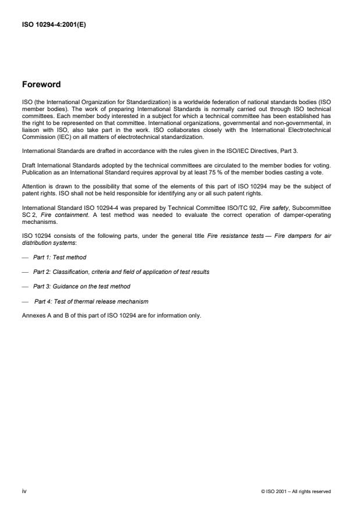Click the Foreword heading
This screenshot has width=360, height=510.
tap(41, 84)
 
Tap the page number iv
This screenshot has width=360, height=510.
tap(24, 491)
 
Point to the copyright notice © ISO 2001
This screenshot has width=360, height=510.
tap(296, 492)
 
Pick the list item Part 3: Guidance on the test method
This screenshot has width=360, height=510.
tap(81, 286)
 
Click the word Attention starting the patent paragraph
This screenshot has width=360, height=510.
tap(33, 186)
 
